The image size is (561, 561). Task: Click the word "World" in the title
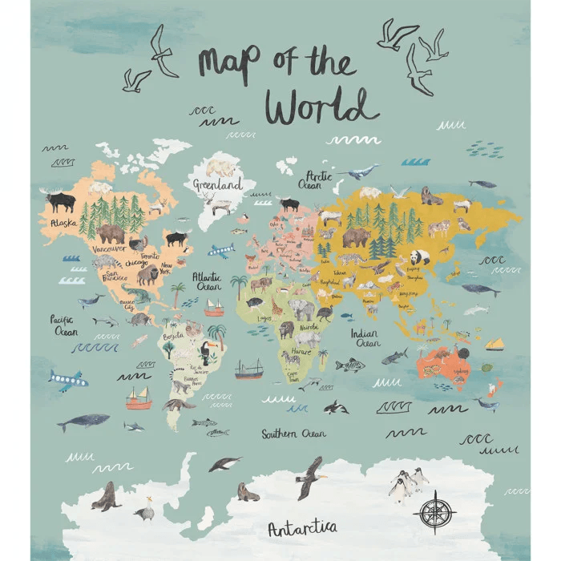[x=321, y=107]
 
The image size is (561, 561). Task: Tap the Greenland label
[x=217, y=184]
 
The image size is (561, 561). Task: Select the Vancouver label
[x=108, y=248]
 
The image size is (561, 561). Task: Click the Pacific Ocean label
[x=64, y=324]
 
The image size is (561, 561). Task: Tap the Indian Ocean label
[x=365, y=337]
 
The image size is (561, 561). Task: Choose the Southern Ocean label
[x=293, y=434]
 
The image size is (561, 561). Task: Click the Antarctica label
[x=302, y=527]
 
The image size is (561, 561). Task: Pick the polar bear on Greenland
[x=222, y=167]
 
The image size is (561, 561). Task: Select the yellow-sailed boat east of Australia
[x=494, y=345]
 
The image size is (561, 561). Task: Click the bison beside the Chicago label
[x=147, y=276]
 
